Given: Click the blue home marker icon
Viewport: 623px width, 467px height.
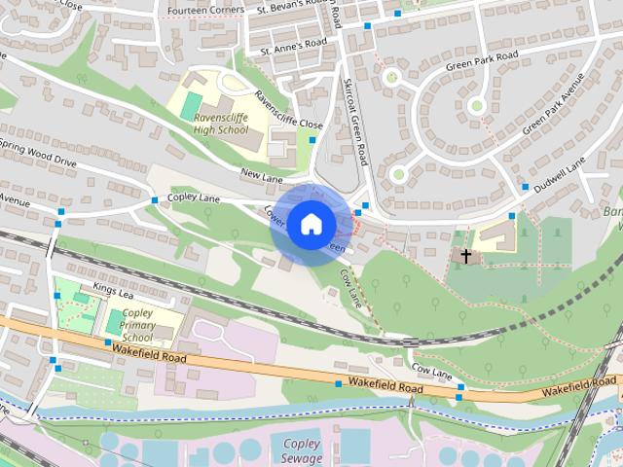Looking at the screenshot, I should [x=311, y=224].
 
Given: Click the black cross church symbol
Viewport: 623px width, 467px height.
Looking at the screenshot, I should [x=466, y=256].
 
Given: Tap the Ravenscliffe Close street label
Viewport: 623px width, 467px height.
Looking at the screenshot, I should [x=287, y=111].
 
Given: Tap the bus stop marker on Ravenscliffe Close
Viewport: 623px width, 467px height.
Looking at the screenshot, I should [x=312, y=140].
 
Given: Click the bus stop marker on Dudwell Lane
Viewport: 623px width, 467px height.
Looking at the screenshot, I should [x=525, y=186].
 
